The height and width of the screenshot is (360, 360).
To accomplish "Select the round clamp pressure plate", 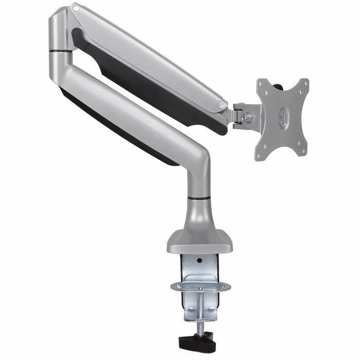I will point(199,286).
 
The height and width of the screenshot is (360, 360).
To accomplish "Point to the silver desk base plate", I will point(199,242).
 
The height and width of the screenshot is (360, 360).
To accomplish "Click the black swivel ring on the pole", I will point(199,197).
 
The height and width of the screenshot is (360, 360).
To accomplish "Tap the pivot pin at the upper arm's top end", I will point(76,8).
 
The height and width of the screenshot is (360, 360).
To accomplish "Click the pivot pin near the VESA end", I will point(222,104).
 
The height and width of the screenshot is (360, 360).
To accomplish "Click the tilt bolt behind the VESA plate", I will point(248,117).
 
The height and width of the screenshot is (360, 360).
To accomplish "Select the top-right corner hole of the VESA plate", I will point(304,83).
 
